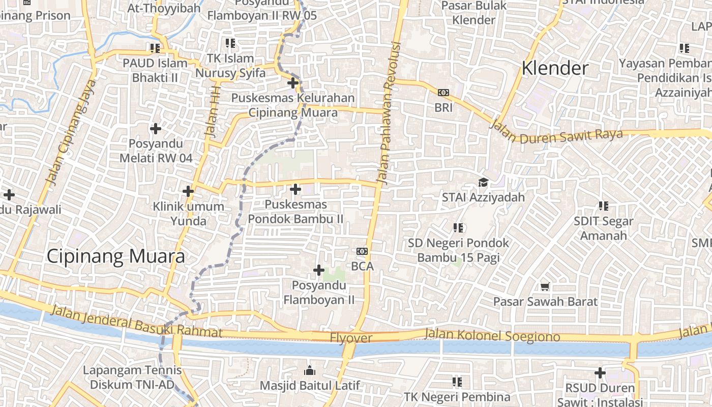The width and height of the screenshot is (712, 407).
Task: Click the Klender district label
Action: coord(555,68)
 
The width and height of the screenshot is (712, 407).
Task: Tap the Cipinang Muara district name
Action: coord(115,256)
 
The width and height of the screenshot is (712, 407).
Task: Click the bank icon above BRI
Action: coord(443,93)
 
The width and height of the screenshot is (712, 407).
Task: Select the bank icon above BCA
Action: coord(362,251)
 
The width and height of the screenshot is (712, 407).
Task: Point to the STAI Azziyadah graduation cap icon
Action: coord(483,182)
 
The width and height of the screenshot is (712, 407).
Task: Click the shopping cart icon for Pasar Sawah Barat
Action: coord(545,287)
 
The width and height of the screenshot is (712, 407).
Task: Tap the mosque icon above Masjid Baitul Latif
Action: coord(309,370)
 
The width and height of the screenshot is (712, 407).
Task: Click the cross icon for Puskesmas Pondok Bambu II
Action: coord(295,189)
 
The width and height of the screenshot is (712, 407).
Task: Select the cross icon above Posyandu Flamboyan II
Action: coord(318,270)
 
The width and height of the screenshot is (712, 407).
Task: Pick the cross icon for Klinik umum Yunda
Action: coord(188,191)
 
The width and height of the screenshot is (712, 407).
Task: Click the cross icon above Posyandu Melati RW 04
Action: coord(156,129)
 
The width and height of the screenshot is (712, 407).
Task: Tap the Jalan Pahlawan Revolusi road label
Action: coord(389,113)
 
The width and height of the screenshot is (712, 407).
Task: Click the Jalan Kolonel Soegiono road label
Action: coord(492,335)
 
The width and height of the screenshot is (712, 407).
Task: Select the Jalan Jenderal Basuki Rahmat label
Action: coord(137,321)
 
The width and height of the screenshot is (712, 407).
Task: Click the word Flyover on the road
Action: coord(351,338)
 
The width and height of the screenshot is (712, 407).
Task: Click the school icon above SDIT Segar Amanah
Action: coord(603,206)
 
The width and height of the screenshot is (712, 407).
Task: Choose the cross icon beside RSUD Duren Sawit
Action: coord(600,373)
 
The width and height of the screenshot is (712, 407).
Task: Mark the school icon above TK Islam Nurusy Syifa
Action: coord(230,43)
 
